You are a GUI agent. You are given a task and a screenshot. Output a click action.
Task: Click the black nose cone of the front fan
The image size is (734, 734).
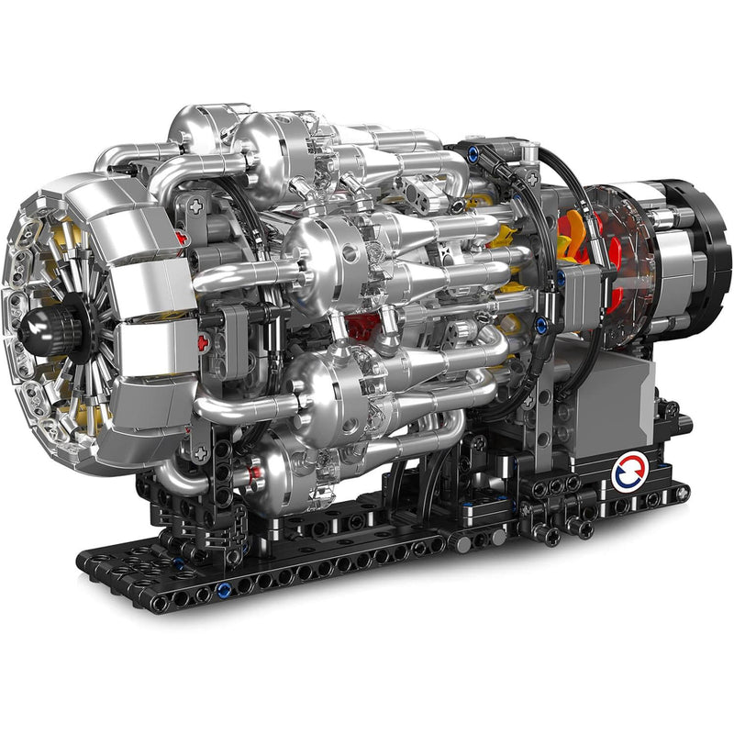pos(46,324)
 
